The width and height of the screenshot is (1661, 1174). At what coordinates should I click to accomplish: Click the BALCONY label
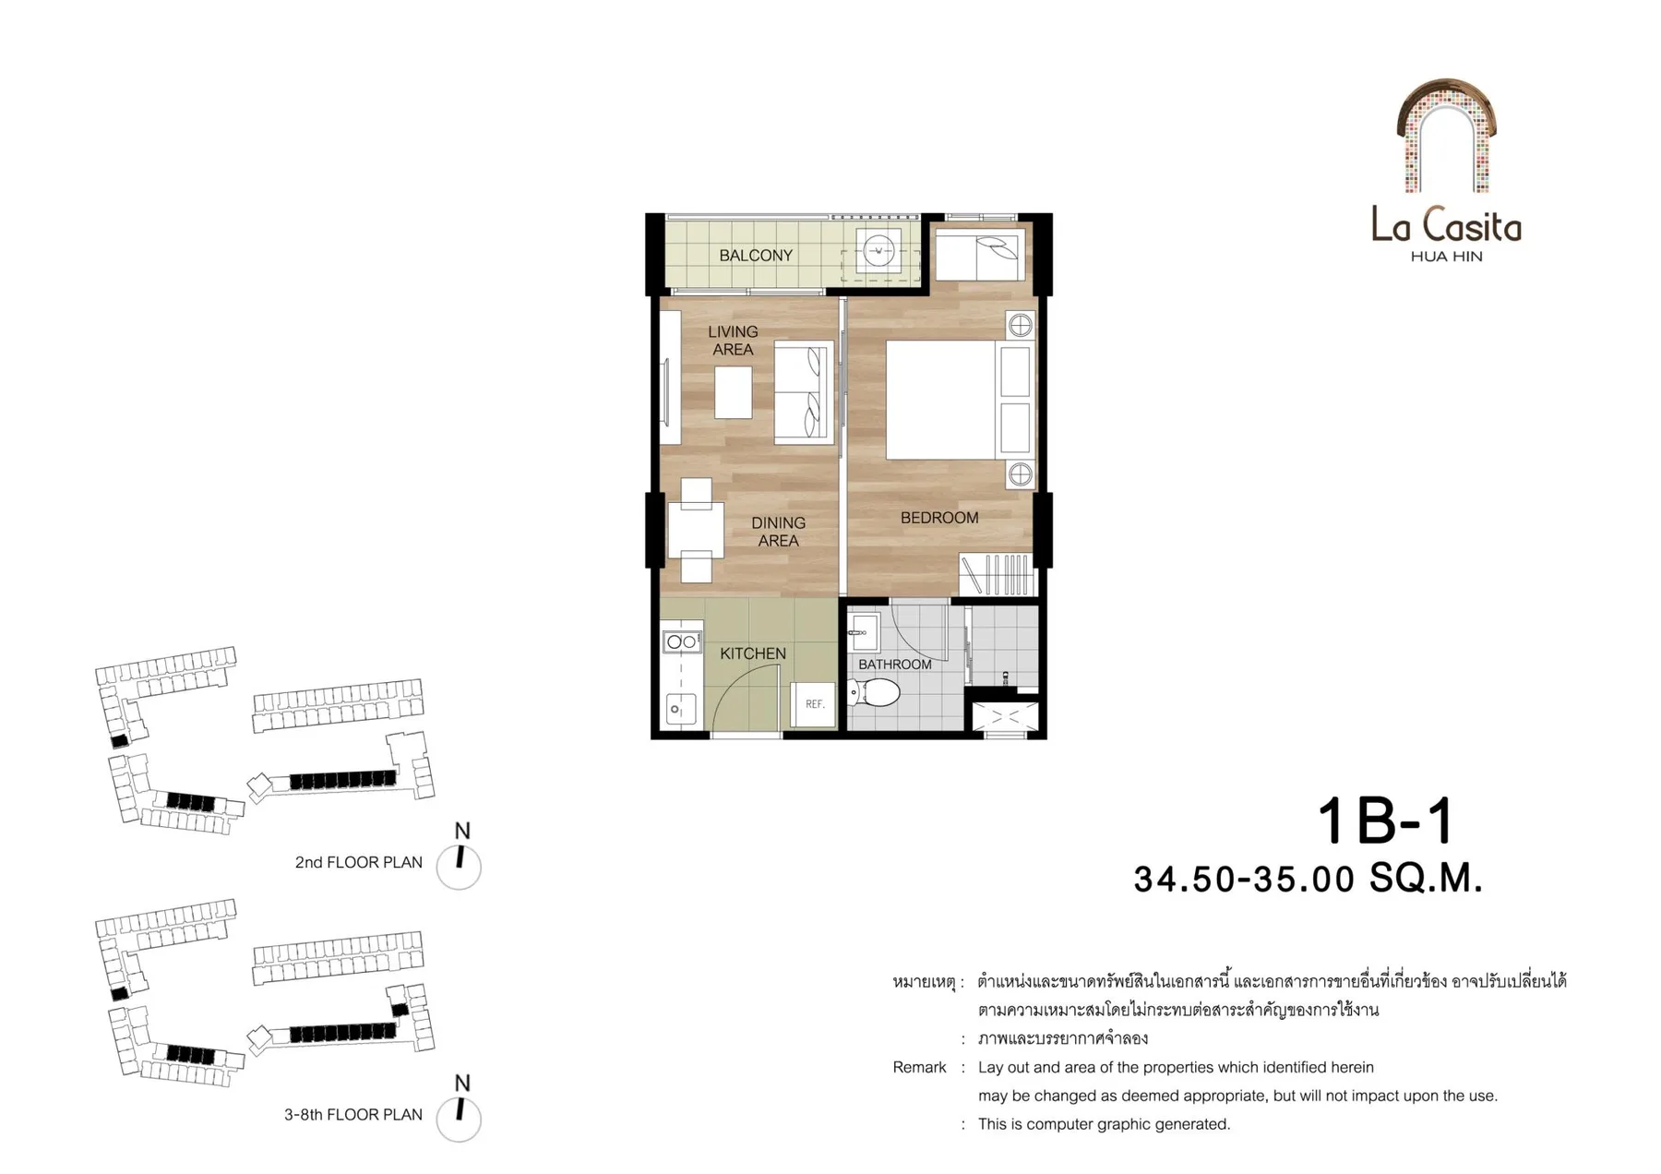[756, 256]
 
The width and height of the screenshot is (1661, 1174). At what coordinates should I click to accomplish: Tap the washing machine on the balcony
[878, 250]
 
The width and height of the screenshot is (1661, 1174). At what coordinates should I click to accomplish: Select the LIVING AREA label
[733, 341]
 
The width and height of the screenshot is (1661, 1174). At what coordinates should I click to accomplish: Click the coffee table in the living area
[733, 393]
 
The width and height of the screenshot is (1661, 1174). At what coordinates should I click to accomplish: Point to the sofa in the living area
[803, 393]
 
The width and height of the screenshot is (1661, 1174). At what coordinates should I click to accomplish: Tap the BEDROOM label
[939, 518]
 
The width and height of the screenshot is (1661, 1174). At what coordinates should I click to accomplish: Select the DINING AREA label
[778, 532]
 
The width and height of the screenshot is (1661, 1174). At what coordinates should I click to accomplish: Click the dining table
[695, 531]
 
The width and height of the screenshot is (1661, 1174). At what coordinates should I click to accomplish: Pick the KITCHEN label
[753, 653]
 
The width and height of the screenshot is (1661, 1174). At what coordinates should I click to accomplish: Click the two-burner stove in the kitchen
[682, 641]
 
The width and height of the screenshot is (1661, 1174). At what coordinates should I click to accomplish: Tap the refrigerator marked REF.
[813, 704]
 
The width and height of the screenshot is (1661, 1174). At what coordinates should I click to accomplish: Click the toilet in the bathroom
[874, 691]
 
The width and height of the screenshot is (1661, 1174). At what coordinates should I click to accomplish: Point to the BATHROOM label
[895, 665]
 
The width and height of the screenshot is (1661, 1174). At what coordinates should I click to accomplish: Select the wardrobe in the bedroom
[998, 574]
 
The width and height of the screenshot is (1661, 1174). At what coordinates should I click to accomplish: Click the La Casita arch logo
[1446, 136]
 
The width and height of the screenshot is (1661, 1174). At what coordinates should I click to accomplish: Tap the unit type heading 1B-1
[1385, 821]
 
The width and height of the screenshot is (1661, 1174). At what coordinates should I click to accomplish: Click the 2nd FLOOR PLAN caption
[358, 862]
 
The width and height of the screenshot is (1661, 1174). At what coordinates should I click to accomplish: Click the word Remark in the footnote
[919, 1068]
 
